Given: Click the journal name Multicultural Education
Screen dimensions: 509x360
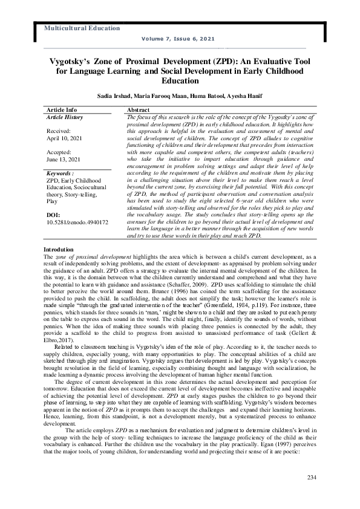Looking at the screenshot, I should click(82, 28).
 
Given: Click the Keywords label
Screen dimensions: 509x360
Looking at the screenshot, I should click(60, 172).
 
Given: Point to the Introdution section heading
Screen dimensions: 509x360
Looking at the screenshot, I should click(59, 267).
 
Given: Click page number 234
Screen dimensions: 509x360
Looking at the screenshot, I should click(312, 478).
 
